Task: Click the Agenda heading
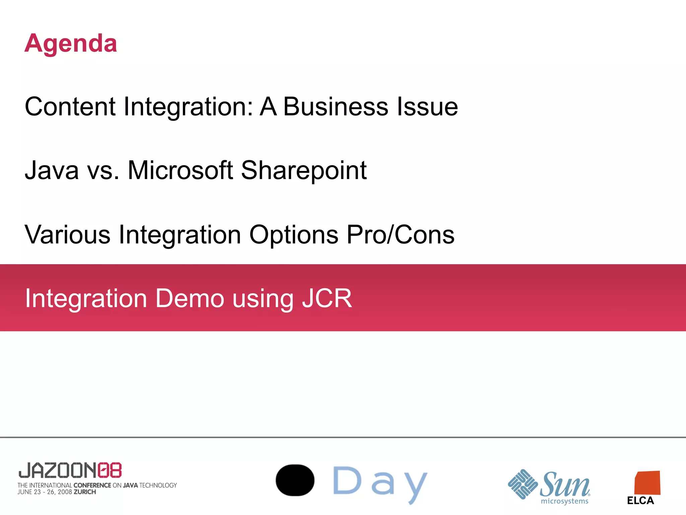click(x=71, y=44)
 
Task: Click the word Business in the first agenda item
click(x=335, y=107)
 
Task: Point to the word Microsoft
click(x=180, y=170)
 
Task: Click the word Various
click(x=67, y=234)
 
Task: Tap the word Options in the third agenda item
click(x=294, y=235)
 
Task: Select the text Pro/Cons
click(x=400, y=234)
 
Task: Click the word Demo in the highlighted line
click(x=190, y=298)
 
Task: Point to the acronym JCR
click(x=327, y=298)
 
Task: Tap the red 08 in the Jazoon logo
click(x=110, y=470)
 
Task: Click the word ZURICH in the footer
click(x=85, y=492)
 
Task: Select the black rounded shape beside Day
click(x=295, y=480)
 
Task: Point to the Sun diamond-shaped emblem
click(x=523, y=484)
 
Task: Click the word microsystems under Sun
click(x=564, y=501)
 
